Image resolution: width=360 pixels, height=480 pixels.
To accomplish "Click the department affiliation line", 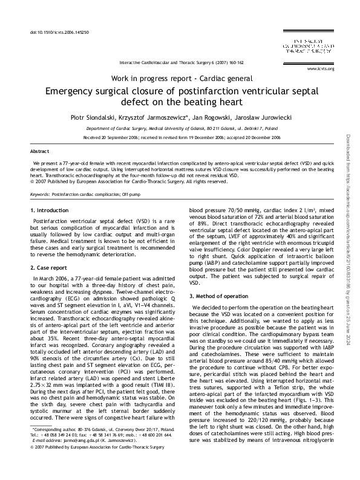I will click(x=182, y=129).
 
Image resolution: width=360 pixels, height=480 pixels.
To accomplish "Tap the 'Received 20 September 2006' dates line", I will click(x=182, y=138).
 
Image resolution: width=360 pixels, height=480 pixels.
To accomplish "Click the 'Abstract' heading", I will click(x=41, y=151).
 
